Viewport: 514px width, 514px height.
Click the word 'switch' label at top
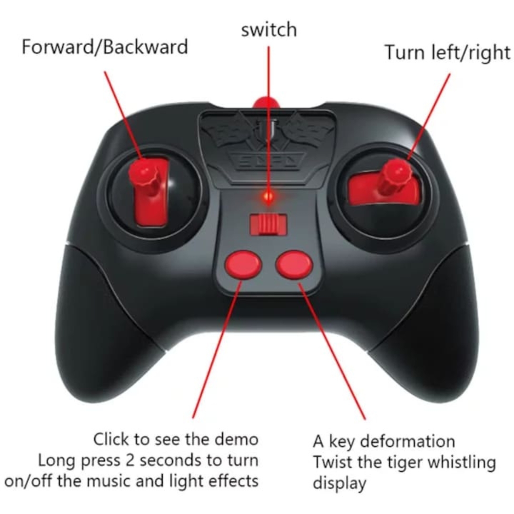coord(269,30)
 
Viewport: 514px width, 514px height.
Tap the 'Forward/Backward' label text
coord(105,47)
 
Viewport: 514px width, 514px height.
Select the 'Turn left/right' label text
coord(447,52)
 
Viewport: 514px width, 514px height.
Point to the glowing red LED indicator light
coord(268,197)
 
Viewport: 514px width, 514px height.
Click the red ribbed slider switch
coord(268,225)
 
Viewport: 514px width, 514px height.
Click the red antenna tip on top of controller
coord(266,102)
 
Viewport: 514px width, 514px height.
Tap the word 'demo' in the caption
coord(237,439)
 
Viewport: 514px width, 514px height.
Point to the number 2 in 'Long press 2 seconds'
coord(130,460)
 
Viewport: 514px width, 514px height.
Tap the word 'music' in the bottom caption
coord(109,481)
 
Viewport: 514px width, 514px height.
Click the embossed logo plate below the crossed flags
coord(268,161)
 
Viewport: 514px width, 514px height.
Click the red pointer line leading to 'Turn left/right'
coord(429,117)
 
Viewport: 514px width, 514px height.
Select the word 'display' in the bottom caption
coord(339,484)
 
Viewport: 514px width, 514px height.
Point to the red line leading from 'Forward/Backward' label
coord(124,115)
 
